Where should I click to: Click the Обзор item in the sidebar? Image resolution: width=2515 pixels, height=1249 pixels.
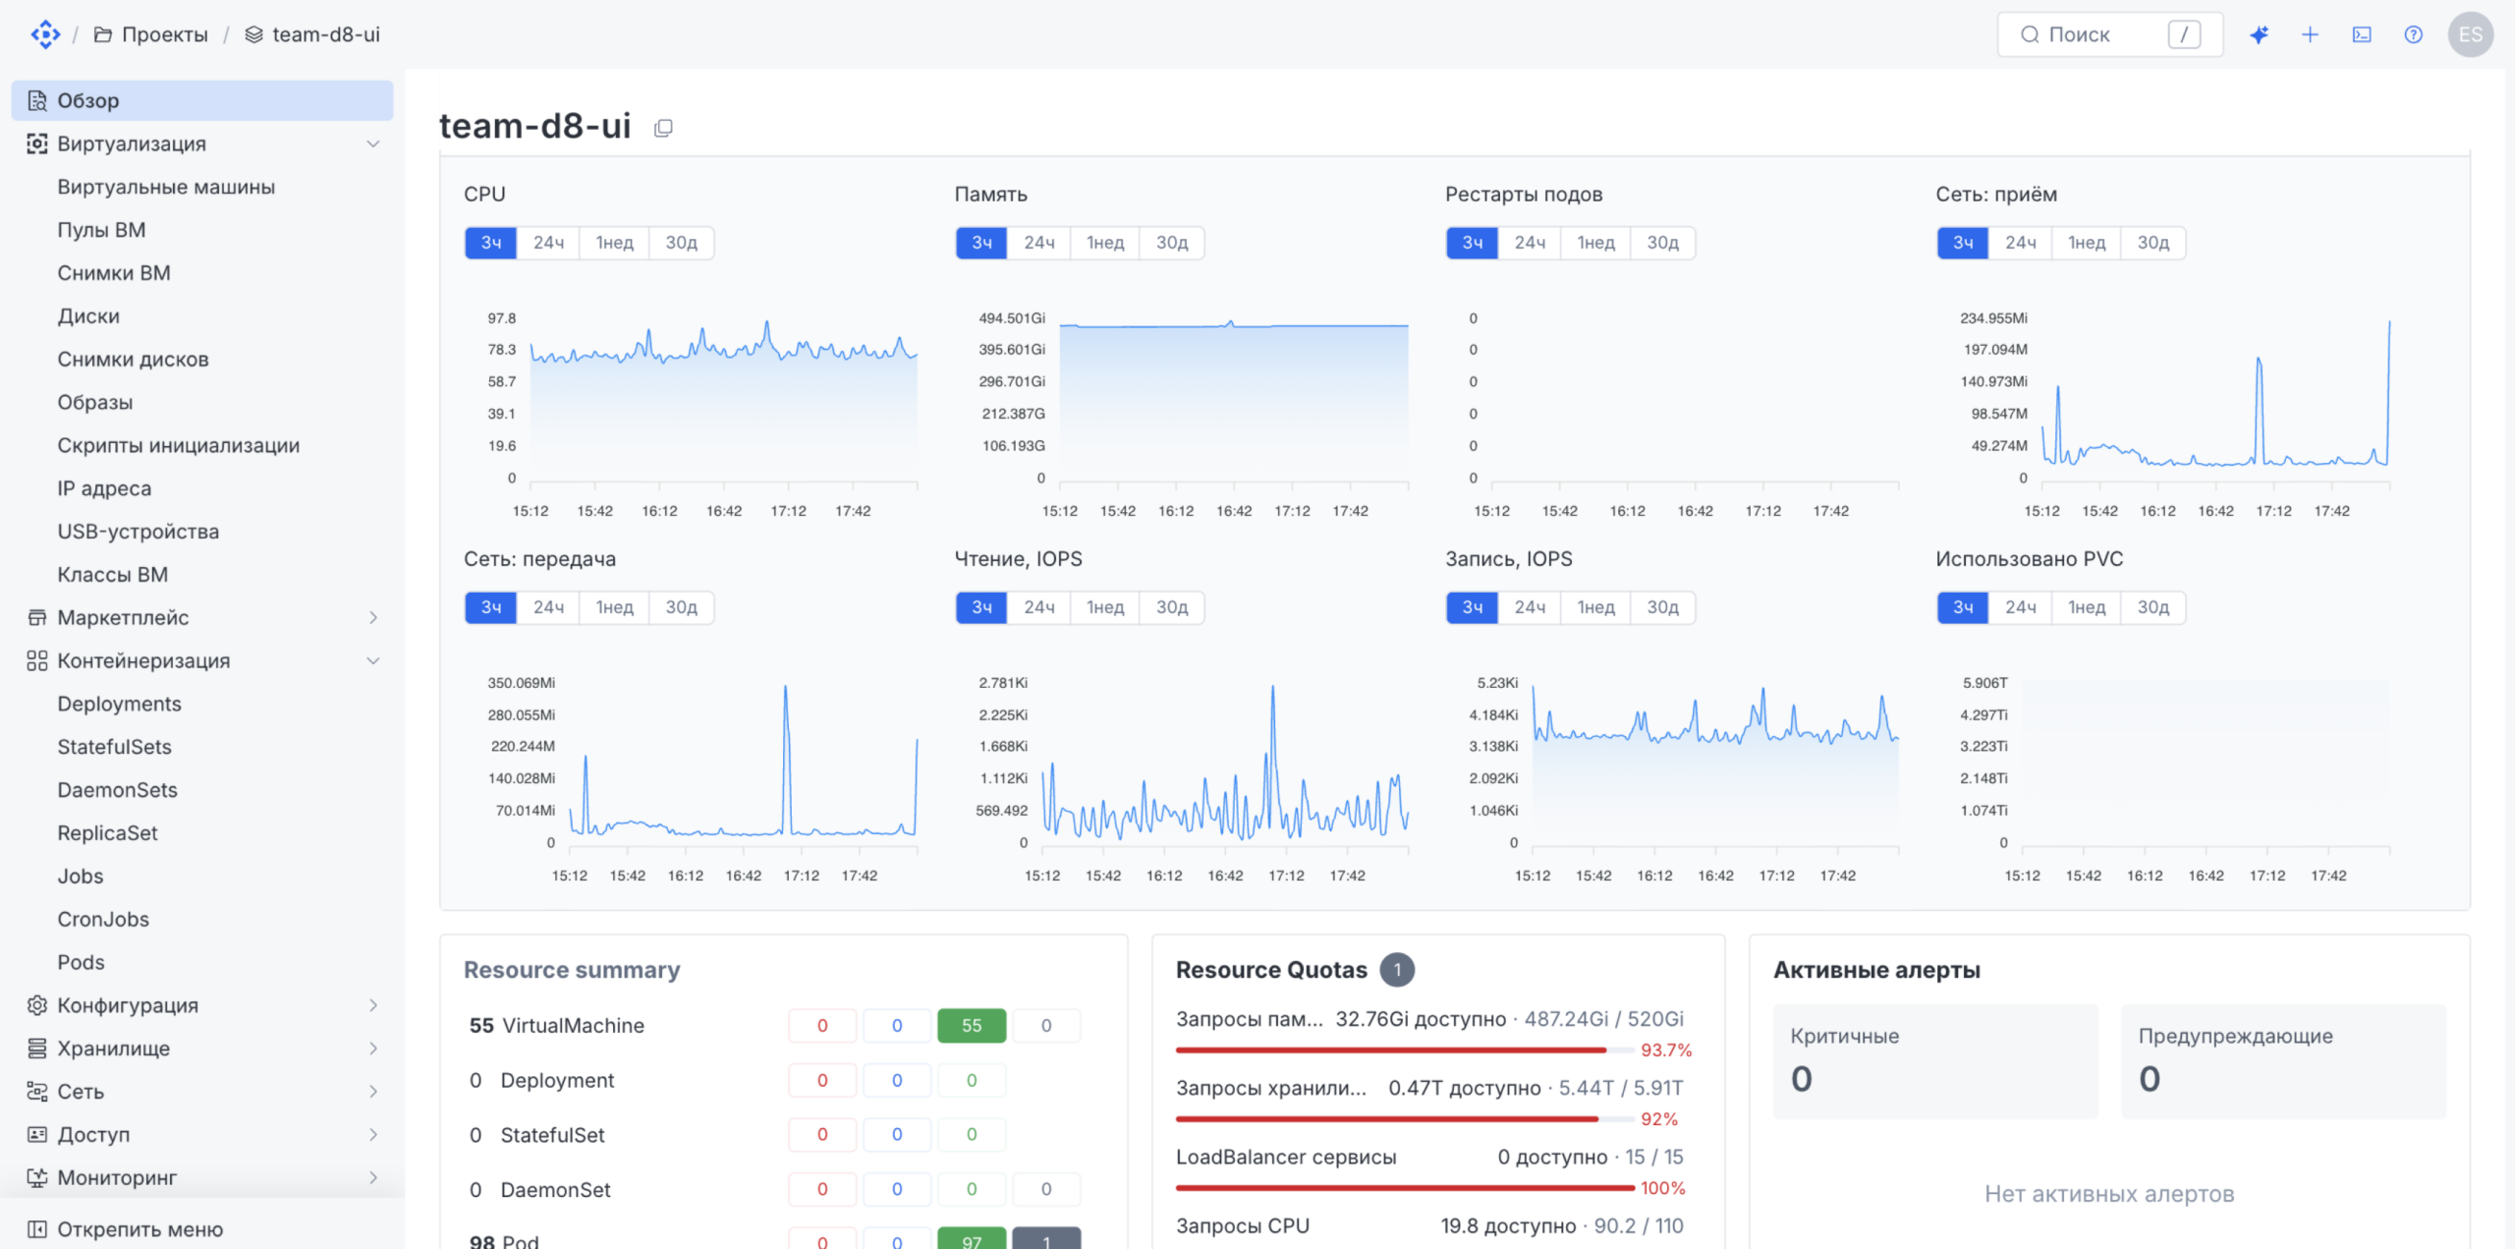201,100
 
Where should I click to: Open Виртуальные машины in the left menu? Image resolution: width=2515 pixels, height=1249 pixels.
166,187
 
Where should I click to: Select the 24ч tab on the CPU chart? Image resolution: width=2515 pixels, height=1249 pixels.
548,243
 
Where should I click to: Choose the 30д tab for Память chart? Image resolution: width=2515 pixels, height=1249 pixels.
1171,243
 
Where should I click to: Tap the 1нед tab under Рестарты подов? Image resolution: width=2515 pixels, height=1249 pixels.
1595,243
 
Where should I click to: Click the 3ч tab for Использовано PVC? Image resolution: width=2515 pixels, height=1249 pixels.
1963,607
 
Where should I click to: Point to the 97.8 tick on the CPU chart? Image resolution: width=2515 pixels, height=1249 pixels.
501,318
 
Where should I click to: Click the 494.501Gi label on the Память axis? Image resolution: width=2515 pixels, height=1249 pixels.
1012,318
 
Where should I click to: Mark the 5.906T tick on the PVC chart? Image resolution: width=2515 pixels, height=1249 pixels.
1985,683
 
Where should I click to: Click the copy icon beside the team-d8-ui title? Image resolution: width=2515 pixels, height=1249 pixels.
663,128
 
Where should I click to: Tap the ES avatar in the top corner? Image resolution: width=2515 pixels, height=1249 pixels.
2471,34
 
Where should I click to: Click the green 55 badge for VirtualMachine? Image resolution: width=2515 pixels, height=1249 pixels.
972,1025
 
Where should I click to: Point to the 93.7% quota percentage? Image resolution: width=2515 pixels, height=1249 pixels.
1666,1050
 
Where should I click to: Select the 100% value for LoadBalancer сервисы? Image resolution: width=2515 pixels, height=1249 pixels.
1662,1188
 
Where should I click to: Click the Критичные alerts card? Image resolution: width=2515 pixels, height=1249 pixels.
1935,1061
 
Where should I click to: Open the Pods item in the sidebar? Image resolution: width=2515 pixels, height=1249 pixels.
81,962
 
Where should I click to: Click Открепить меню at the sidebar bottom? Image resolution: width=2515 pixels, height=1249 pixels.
140,1229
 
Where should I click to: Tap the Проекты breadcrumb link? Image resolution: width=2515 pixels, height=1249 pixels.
165,34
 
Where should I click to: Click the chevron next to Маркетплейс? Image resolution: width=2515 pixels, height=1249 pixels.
373,617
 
